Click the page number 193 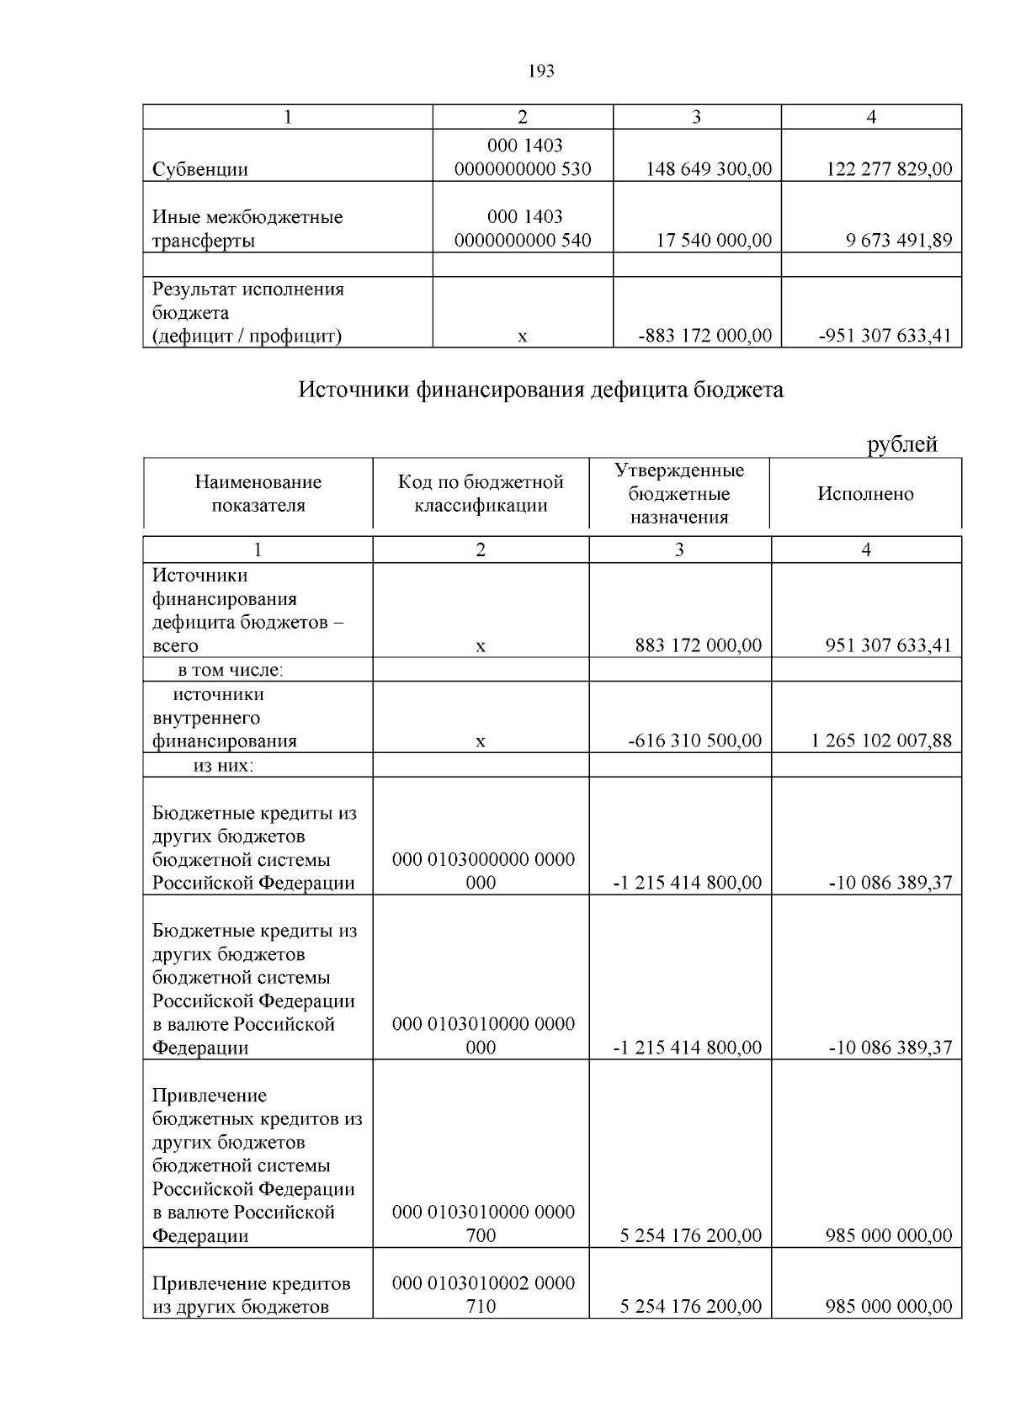coord(541,71)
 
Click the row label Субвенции coord(200,169)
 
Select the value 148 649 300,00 coord(709,169)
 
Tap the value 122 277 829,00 coord(889,169)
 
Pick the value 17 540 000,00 coord(714,241)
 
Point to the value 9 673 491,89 coord(899,241)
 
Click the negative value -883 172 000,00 coord(705,336)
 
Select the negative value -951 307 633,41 coord(885,336)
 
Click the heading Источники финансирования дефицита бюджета coord(541,390)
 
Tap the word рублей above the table coord(902,443)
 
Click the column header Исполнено coord(865,494)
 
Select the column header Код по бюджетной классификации coord(481,494)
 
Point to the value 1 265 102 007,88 coord(882,741)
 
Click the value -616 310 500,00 coord(695,741)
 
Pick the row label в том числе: coord(230,670)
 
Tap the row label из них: coord(224,766)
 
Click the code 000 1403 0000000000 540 coord(523,229)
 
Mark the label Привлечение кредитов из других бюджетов coord(251,1295)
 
